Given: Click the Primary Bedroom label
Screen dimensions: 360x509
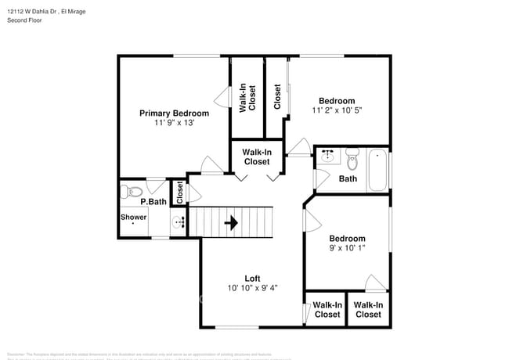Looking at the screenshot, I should point(174,113).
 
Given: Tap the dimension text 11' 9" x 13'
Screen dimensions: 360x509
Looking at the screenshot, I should point(174,124).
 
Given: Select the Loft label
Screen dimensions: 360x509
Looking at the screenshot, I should point(252,278).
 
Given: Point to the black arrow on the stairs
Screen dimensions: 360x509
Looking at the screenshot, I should point(232,222).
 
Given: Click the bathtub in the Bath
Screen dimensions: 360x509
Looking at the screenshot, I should point(377,169).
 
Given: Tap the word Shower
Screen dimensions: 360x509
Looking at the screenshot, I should point(133,217).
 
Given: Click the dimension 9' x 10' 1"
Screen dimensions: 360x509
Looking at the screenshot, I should point(347,249).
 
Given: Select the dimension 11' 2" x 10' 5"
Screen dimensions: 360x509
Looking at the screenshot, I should point(337,110).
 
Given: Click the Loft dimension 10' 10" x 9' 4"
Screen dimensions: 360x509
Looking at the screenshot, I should point(252,288).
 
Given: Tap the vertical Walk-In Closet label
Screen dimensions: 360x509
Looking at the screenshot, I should point(247,97).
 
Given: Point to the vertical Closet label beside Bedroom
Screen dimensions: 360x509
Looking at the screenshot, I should point(277,97).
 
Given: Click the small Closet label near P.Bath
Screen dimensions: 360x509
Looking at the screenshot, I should point(179,193).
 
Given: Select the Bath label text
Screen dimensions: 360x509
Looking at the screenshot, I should point(348,178).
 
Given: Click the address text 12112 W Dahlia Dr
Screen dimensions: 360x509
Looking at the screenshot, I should point(32,11).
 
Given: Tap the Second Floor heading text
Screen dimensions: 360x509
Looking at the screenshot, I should point(24,20).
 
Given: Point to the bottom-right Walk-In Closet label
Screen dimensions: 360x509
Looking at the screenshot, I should point(367,309).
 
